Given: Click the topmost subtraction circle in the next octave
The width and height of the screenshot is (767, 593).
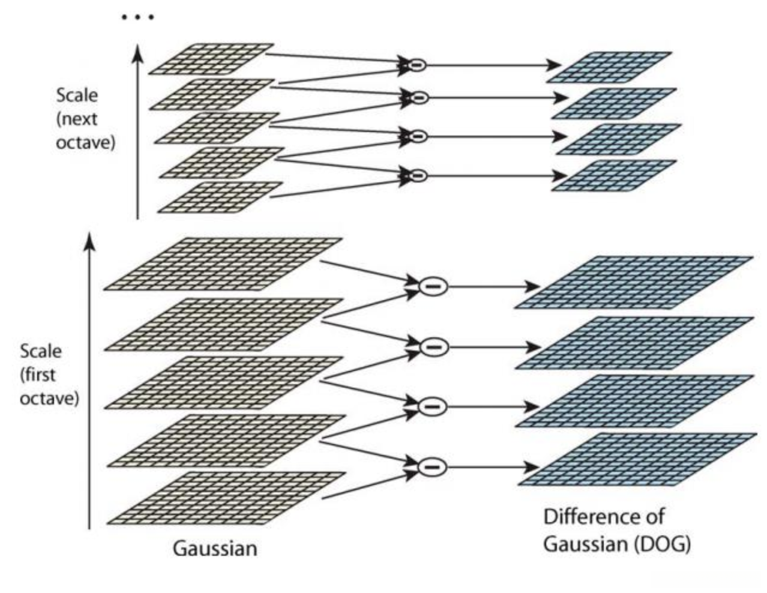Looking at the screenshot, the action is [x=417, y=65].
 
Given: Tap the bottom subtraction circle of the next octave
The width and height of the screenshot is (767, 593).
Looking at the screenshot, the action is [x=418, y=175].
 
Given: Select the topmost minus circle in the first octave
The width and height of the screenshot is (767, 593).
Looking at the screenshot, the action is [x=433, y=286].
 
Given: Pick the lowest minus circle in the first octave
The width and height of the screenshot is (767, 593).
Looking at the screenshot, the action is [x=432, y=467].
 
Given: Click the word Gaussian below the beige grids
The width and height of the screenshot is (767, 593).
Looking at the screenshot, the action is [x=215, y=549].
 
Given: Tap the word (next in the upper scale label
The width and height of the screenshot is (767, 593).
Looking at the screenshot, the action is [x=77, y=119].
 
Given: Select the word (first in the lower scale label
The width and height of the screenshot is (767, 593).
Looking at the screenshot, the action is [x=38, y=375].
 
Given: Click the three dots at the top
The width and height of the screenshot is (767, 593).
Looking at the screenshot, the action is [x=137, y=17].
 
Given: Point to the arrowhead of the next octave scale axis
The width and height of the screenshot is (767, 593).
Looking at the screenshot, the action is [x=137, y=53].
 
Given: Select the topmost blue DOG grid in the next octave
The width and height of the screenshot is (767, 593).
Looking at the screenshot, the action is [x=609, y=67].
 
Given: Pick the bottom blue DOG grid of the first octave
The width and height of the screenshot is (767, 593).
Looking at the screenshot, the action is [x=637, y=459].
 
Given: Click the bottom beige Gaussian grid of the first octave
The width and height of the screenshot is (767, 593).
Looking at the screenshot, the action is [x=226, y=498].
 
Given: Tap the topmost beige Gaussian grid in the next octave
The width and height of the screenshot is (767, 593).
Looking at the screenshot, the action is [x=211, y=59].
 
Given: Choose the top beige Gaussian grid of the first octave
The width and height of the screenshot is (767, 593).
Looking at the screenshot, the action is [x=223, y=264].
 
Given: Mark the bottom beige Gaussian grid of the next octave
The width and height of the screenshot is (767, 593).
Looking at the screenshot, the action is [x=220, y=197].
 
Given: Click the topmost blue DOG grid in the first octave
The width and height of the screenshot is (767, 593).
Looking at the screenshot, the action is [x=634, y=282].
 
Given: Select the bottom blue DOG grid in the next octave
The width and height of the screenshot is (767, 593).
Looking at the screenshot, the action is [x=614, y=175].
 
